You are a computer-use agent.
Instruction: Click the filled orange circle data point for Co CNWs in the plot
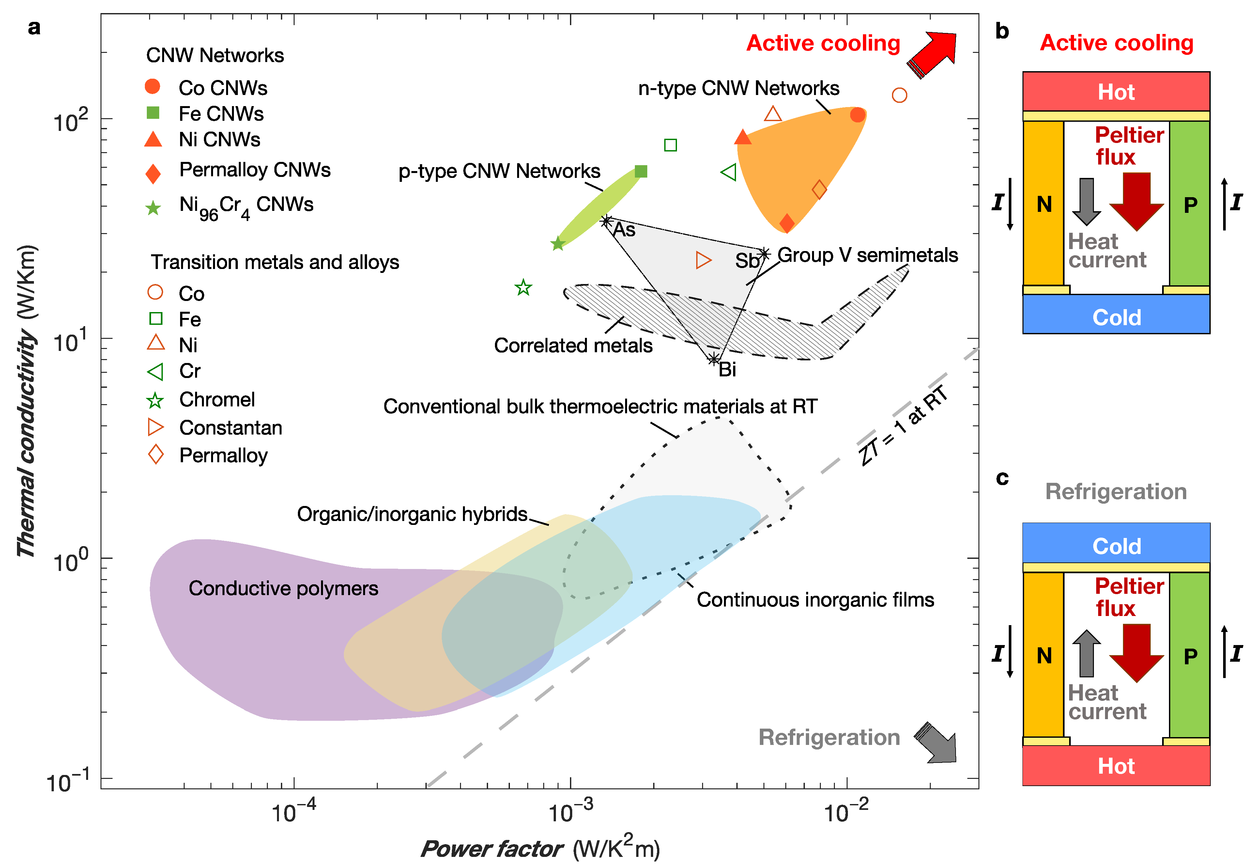click(x=857, y=115)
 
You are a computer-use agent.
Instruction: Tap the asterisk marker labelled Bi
click(x=714, y=359)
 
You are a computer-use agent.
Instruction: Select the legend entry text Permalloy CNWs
click(x=254, y=170)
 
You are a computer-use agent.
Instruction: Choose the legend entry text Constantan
click(x=230, y=428)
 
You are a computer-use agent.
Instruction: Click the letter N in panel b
click(x=1044, y=204)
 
